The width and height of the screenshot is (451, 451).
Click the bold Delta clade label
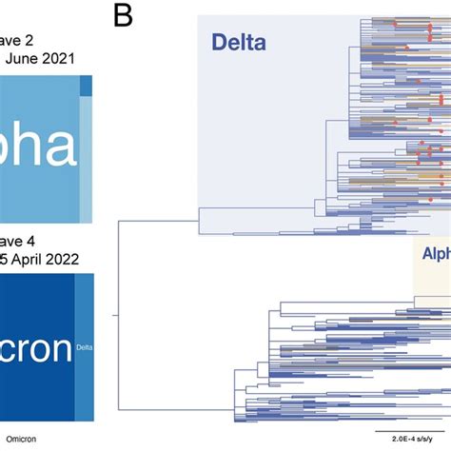(237, 42)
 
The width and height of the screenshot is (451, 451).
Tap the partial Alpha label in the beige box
(435, 255)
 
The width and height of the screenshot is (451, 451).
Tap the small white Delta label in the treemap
(84, 349)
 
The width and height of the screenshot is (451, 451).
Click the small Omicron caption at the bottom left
(26, 439)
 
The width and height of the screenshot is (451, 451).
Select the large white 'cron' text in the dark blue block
(33, 350)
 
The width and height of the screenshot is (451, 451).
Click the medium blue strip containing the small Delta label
(84, 324)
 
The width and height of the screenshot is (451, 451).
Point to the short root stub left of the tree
(114, 315)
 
